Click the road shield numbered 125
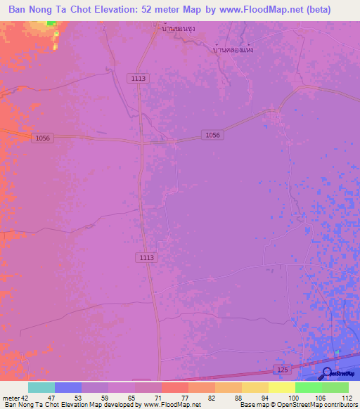coord(281,369)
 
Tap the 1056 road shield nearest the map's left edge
coord(42,138)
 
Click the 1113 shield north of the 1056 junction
coord(138,79)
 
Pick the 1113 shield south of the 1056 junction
coord(146,258)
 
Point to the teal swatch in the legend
coord(41,387)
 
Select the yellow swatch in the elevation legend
coord(281,387)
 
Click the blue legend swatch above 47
coord(67,387)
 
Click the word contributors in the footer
coord(337,405)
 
